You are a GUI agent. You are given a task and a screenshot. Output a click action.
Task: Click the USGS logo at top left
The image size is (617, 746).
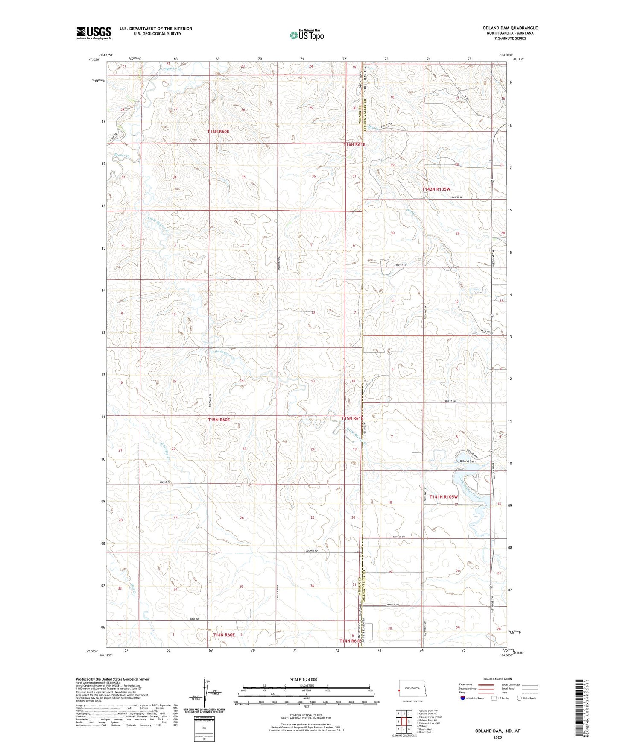click(x=94, y=32)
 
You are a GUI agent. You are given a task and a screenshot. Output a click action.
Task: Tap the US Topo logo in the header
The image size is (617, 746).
click(x=307, y=35)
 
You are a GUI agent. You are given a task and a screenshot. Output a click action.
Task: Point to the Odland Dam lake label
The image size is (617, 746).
click(x=468, y=461)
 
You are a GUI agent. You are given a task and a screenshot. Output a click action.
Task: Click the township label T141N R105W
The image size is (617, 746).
click(x=444, y=497)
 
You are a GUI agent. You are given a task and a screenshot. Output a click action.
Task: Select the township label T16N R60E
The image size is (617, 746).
click(x=218, y=132)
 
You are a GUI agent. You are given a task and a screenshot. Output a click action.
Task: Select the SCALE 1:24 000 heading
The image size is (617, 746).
click(x=304, y=679)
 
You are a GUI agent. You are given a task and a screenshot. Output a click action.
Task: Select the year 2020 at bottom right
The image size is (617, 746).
click(x=497, y=737)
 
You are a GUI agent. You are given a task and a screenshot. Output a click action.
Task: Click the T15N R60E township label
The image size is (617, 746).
click(x=219, y=420)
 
